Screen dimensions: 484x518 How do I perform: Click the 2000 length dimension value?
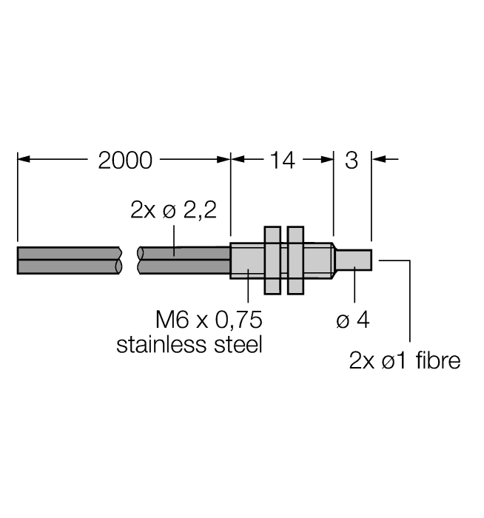point(125,161)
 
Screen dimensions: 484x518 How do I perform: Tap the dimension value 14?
point(283,161)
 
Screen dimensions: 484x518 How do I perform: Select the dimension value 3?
point(352,161)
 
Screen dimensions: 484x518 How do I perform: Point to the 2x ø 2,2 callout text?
point(173,209)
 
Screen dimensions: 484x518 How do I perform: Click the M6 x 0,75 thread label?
point(209,320)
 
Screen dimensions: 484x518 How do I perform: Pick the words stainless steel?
point(189,344)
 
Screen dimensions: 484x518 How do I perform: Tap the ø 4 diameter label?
point(353,320)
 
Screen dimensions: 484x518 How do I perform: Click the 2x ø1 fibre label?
point(405,360)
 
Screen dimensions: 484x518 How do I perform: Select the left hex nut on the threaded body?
point(272,260)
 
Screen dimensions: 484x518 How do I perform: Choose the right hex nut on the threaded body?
point(296,260)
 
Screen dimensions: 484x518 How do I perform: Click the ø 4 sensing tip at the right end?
point(354,260)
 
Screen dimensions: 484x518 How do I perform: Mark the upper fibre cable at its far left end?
point(18,253)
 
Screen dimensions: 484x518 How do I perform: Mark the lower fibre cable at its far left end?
point(18,267)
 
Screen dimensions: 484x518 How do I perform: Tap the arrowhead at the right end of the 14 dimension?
point(326,159)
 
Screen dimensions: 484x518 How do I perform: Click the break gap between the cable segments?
point(130,260)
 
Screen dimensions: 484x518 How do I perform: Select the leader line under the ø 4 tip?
point(354,284)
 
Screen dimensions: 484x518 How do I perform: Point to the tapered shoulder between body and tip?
point(334,260)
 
